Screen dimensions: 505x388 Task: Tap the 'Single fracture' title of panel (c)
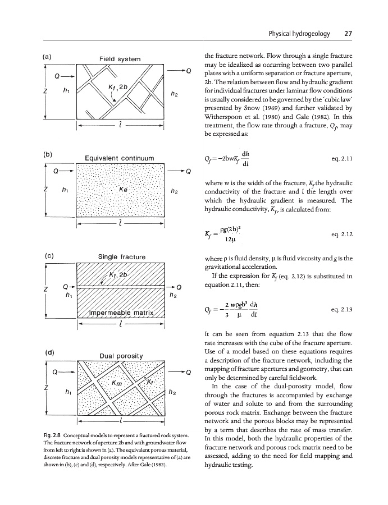122,257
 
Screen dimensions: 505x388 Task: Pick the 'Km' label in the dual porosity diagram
117,384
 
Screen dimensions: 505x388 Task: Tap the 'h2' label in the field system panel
176,94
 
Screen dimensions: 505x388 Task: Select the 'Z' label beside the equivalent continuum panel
44,191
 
